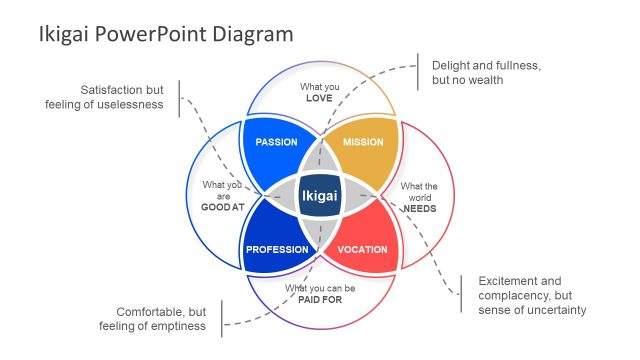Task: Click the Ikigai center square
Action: point(320,196)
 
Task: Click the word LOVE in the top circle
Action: point(320,99)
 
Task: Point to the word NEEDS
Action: point(418,208)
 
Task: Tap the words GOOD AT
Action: point(222,207)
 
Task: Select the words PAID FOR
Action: point(320,299)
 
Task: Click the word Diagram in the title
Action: point(258,34)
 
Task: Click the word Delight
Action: point(452,65)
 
